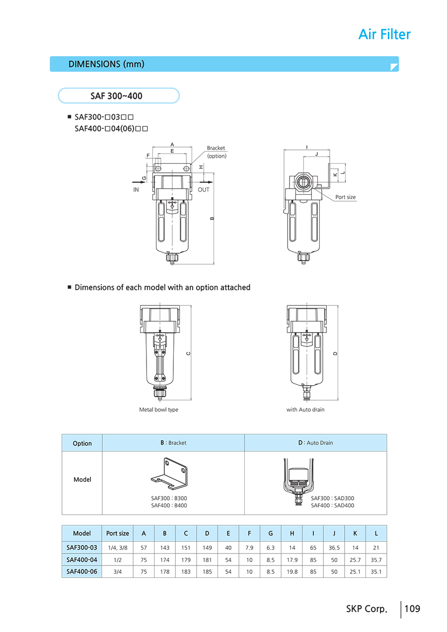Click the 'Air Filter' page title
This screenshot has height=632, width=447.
[384, 34]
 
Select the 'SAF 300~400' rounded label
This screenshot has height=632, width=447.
[118, 96]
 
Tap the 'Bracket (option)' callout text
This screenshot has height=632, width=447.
[216, 152]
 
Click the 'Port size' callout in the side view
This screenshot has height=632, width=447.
[345, 197]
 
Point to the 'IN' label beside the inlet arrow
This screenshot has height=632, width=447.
[136, 190]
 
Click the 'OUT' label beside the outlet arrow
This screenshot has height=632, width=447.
[204, 190]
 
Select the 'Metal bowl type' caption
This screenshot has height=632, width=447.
[158, 410]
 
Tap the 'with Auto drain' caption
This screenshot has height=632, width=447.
[305, 410]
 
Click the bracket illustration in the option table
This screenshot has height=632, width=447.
[169, 475]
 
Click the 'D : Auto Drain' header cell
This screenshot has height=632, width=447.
[315, 442]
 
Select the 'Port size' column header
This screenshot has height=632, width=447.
[118, 533]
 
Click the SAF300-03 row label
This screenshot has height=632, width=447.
[82, 548]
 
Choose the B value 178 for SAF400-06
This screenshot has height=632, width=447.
[165, 571]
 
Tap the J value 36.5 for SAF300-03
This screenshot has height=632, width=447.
[334, 548]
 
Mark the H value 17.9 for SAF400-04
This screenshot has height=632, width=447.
[292, 560]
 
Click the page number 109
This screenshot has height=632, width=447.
[412, 608]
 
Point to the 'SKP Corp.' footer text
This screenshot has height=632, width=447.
[366, 609]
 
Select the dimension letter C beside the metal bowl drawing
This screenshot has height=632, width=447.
[188, 353]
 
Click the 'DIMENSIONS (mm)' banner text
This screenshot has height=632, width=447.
[106, 64]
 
